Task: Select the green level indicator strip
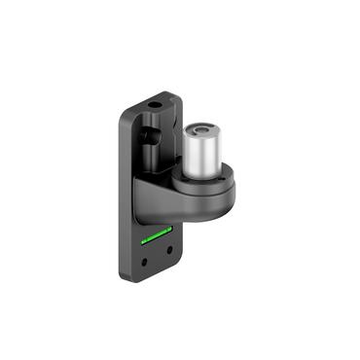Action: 157,234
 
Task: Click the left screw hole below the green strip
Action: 147,261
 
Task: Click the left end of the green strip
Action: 144,238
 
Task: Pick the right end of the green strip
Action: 169,229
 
